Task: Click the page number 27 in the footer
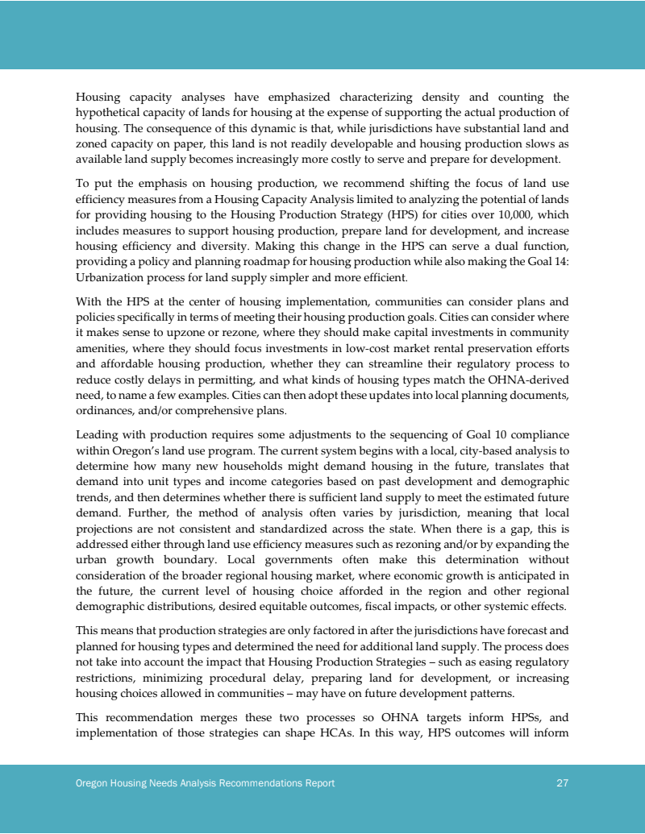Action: (x=563, y=783)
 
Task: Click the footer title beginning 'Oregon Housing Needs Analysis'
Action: (x=206, y=783)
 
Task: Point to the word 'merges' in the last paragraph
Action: (x=222, y=717)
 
